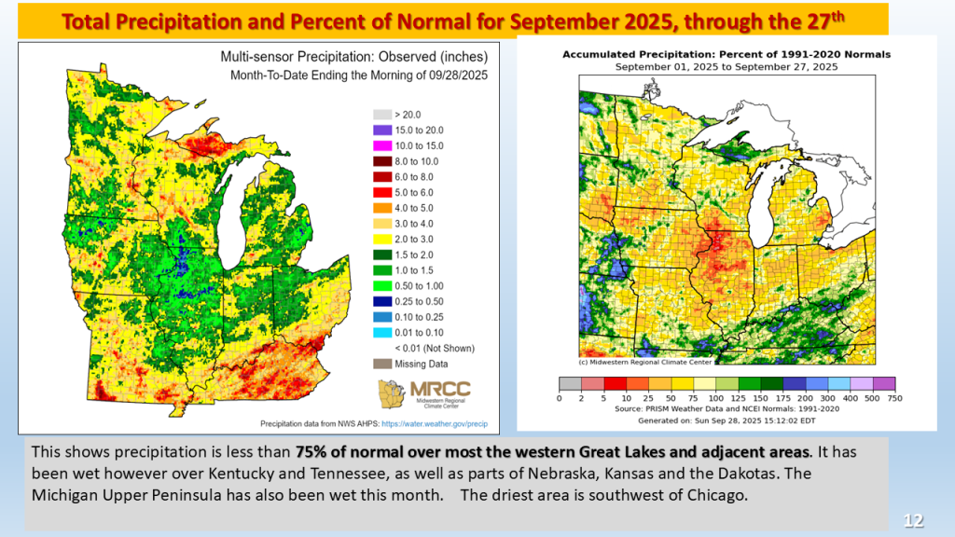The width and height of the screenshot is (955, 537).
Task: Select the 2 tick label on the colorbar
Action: [x=582, y=398]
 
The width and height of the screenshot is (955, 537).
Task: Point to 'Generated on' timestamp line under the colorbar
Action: [x=727, y=420]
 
